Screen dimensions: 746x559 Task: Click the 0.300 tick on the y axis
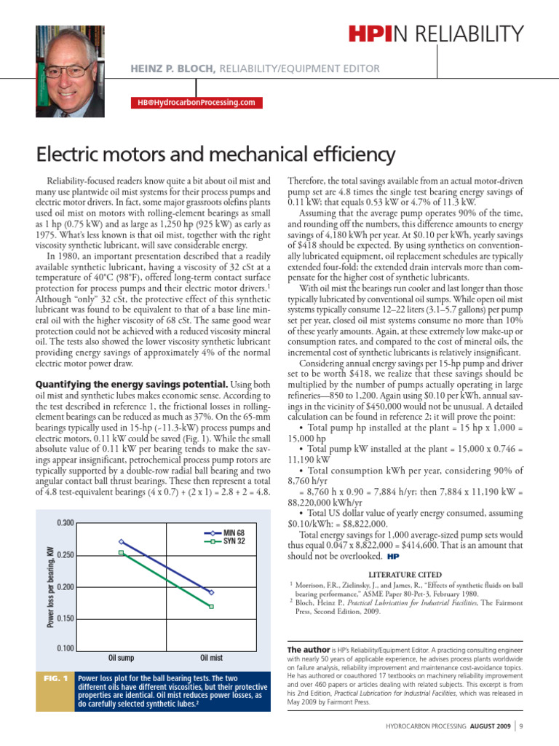point(65,524)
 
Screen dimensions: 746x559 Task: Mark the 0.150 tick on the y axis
point(65,619)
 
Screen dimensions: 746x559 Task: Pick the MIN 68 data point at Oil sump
point(122,541)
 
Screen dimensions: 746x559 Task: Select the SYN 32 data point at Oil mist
point(211,606)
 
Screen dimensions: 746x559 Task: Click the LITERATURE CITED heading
point(405,573)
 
